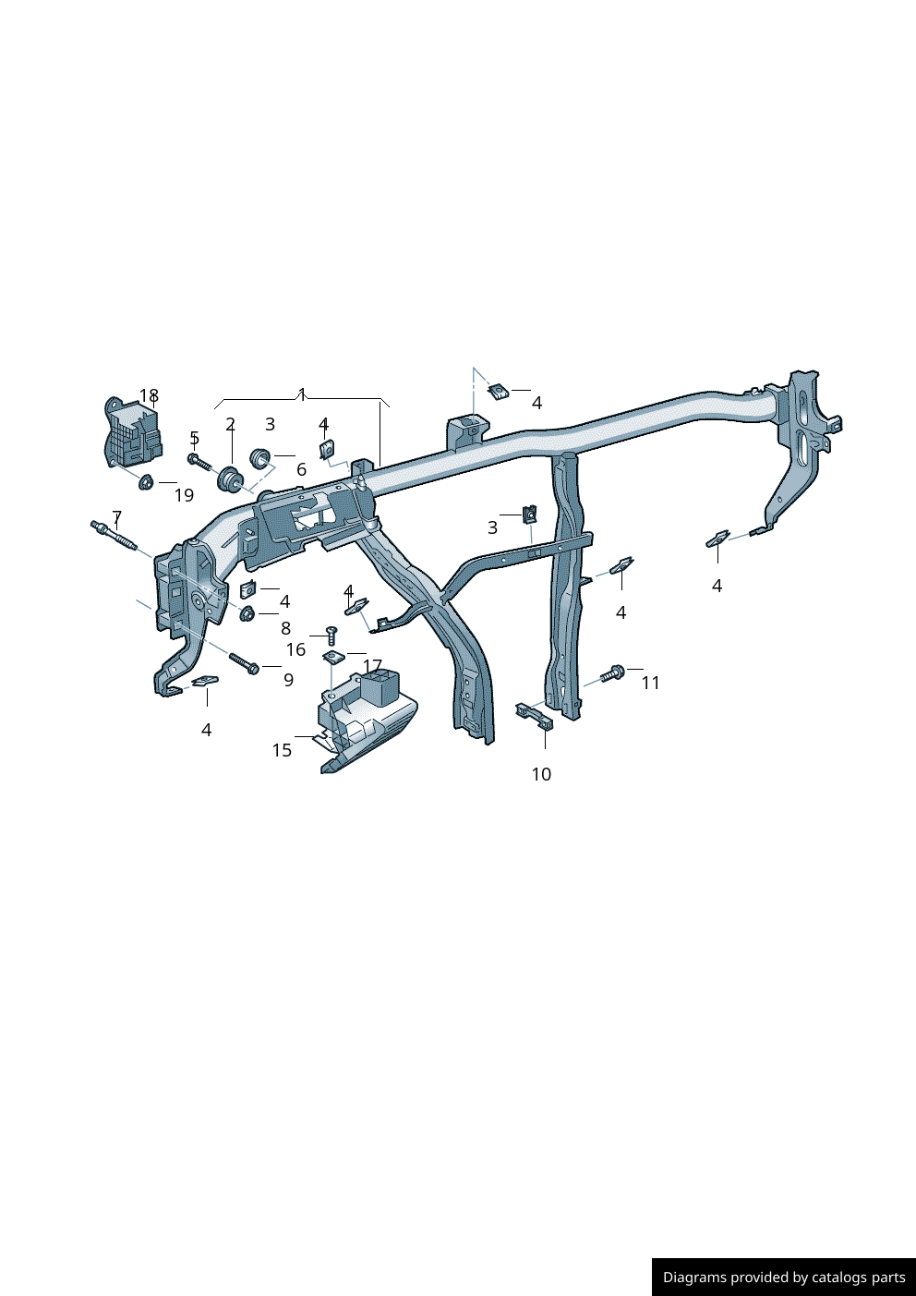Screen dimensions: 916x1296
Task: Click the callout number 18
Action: (x=149, y=395)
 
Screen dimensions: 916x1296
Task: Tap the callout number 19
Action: (x=184, y=495)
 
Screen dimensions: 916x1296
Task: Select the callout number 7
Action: (x=117, y=516)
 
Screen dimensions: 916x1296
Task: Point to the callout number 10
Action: (x=541, y=774)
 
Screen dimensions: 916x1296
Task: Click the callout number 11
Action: (x=651, y=683)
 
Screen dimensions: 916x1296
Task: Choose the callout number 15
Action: (x=283, y=750)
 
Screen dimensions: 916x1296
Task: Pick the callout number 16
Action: (x=296, y=649)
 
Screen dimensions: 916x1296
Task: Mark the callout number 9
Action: (x=289, y=680)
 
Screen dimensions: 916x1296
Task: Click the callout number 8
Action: (x=285, y=628)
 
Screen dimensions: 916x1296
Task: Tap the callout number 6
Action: (x=301, y=469)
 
